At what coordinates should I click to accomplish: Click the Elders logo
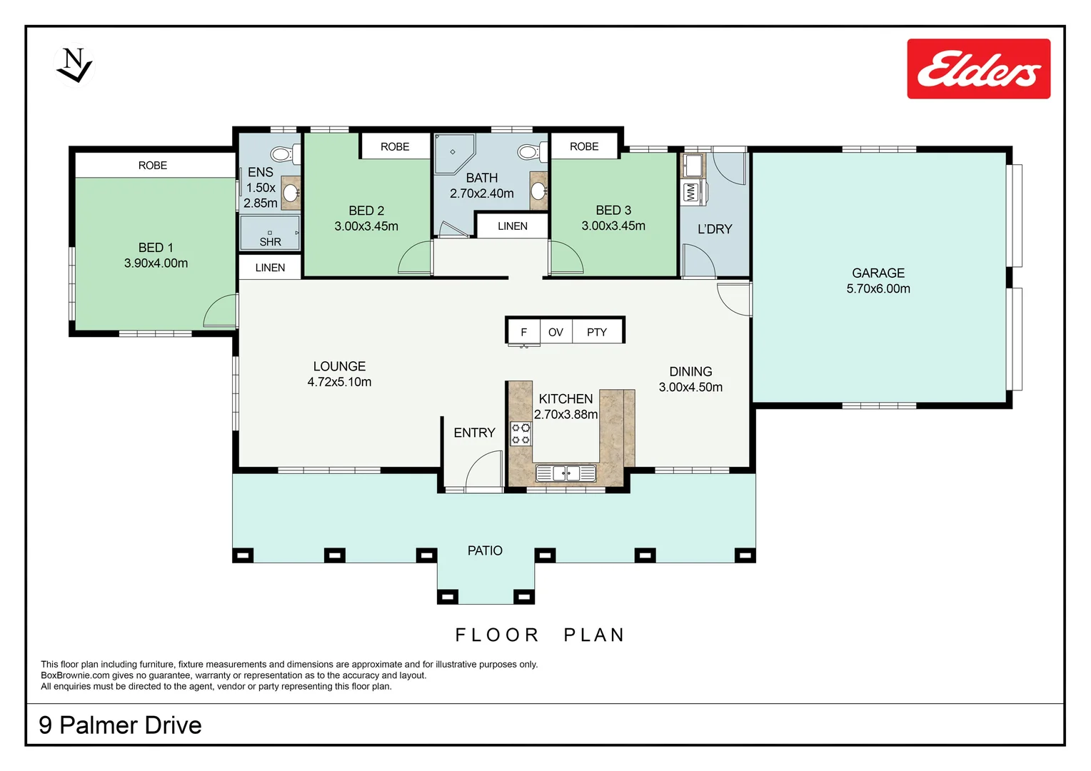(x=978, y=69)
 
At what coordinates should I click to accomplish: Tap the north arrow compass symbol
(x=74, y=65)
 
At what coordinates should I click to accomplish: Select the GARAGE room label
(x=878, y=273)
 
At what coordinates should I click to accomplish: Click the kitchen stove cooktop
(x=521, y=434)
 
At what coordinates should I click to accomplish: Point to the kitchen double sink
(x=565, y=473)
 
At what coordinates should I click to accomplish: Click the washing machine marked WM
(x=690, y=192)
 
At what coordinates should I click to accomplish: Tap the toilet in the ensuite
(x=283, y=153)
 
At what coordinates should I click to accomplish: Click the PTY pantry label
(x=596, y=332)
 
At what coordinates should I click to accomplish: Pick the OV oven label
(x=555, y=332)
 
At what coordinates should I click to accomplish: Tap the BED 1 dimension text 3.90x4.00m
(x=156, y=263)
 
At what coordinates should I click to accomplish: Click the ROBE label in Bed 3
(x=583, y=146)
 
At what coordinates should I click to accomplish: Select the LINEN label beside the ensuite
(x=270, y=268)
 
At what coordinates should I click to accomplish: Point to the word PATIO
(x=485, y=550)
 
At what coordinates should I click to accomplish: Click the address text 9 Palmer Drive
(x=120, y=725)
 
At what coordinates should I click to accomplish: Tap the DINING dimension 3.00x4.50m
(x=690, y=387)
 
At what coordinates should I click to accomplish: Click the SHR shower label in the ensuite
(x=270, y=242)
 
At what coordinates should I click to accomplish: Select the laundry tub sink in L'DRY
(x=692, y=166)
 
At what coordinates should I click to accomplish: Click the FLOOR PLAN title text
(x=540, y=635)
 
